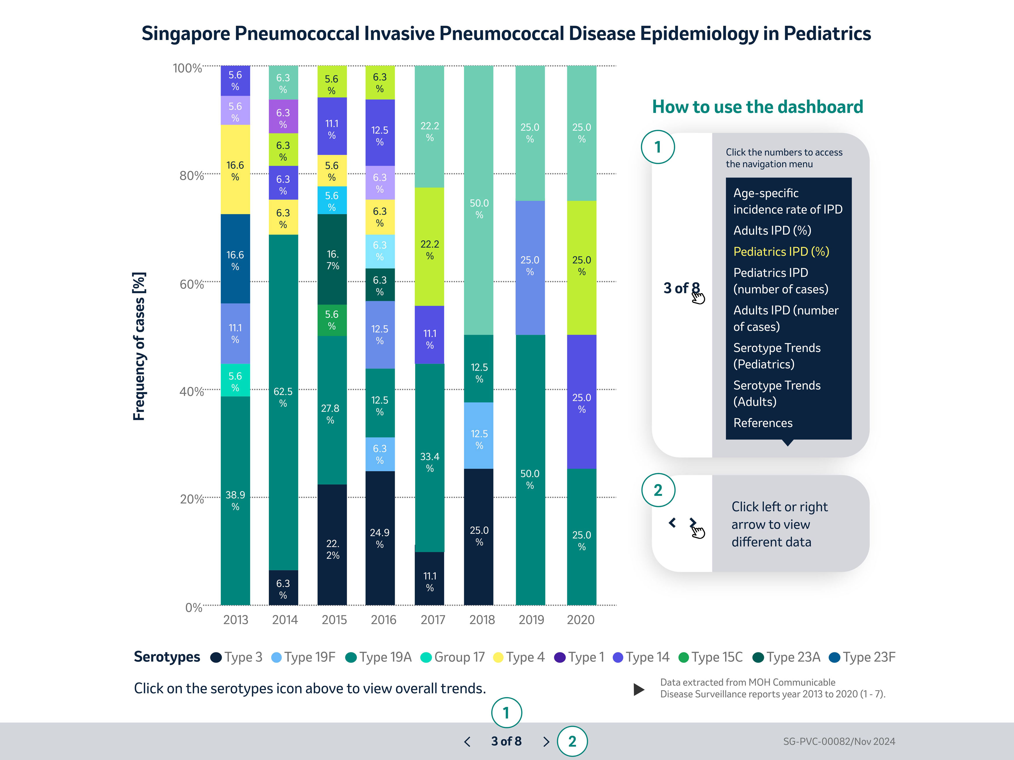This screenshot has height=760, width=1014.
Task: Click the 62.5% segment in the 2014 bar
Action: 283,398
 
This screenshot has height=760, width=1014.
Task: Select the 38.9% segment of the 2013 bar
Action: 235,500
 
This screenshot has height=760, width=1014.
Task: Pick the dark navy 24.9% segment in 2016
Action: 380,538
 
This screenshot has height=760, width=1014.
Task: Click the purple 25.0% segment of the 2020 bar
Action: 581,402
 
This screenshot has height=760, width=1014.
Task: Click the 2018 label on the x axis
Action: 482,620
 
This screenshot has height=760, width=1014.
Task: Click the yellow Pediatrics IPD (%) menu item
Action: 781,252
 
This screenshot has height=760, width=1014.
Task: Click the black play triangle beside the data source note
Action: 639,689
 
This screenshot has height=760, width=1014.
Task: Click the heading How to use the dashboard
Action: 757,107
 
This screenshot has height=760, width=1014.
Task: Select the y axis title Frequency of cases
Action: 139,346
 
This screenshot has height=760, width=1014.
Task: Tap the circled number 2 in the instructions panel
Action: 658,490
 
